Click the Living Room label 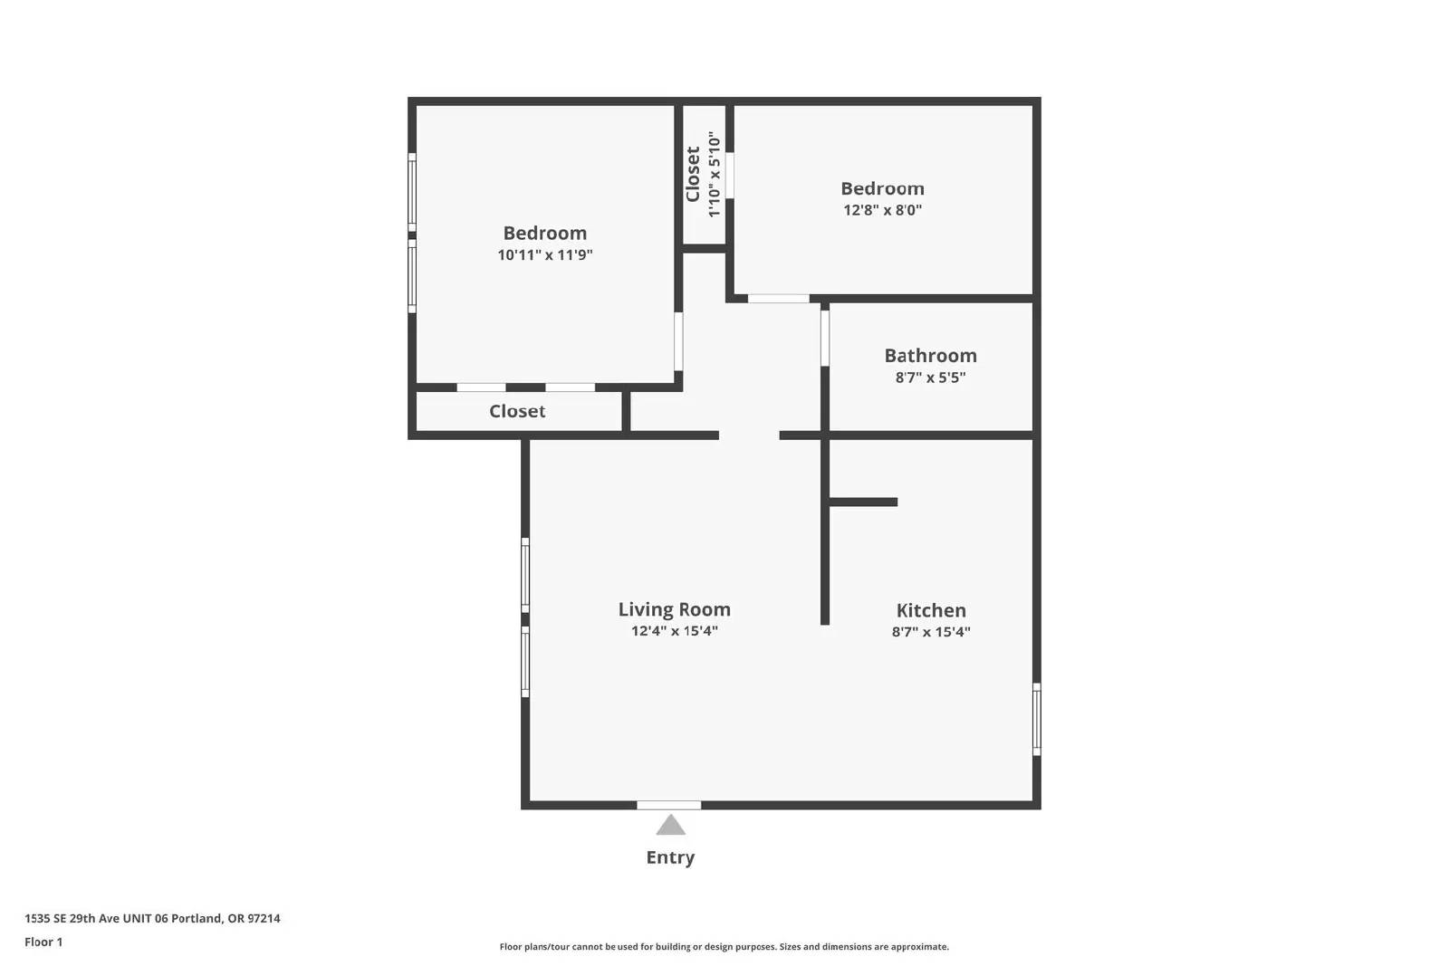point(674,609)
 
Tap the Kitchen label point(931,609)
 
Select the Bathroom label point(930,355)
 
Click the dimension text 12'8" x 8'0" point(882,209)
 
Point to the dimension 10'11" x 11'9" point(544,254)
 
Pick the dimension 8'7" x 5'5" point(930,377)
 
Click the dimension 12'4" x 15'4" point(674,630)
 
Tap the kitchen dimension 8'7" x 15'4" point(931,632)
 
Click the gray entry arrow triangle point(670,825)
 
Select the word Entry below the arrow point(670,857)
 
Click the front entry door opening point(669,805)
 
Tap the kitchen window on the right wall point(1036,719)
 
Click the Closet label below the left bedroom point(517,411)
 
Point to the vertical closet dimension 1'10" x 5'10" point(714,175)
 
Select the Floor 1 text point(43,942)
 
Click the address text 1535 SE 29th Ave point(72,918)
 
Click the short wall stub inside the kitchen point(863,502)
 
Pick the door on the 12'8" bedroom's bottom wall point(778,298)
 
